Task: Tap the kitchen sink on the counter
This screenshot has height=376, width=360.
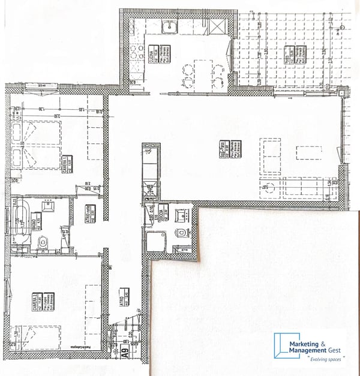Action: tap(169, 26)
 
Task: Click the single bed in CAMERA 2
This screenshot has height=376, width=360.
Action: tap(42, 338)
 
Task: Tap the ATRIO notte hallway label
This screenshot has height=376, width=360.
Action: tap(88, 212)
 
